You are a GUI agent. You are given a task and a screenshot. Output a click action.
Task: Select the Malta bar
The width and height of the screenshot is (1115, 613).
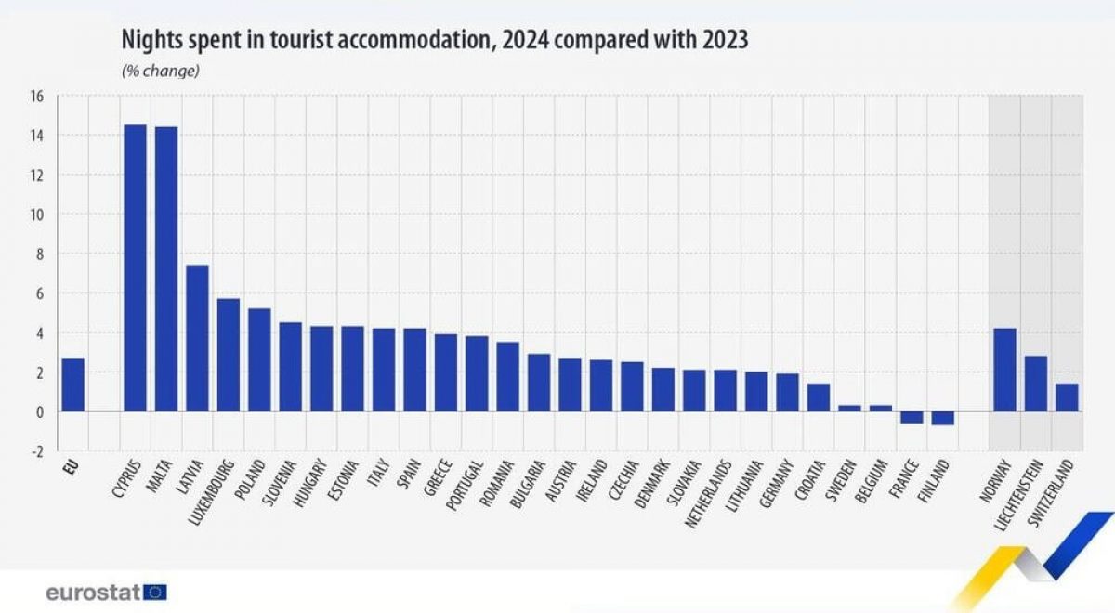click(166, 268)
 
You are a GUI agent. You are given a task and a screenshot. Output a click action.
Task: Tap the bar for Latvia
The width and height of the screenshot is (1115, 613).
click(197, 338)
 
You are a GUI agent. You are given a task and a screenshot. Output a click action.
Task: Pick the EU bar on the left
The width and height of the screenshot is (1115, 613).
click(72, 385)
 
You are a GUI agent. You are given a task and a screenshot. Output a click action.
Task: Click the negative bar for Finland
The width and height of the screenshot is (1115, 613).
click(942, 418)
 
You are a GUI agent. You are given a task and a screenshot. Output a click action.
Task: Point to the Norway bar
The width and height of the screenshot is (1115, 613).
click(1004, 370)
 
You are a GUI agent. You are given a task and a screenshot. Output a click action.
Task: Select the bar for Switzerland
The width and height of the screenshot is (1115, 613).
click(1067, 398)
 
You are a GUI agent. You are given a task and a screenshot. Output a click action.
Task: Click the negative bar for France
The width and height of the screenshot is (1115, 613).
click(912, 417)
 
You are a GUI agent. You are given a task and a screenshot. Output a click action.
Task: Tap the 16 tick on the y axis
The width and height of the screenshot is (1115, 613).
click(37, 96)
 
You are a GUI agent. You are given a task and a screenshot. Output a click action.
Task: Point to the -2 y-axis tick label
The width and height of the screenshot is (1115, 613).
click(37, 450)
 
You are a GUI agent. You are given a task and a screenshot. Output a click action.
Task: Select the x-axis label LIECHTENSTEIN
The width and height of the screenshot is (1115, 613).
click(1018, 492)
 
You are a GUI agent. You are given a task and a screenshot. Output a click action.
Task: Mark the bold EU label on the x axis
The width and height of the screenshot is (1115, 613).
click(68, 468)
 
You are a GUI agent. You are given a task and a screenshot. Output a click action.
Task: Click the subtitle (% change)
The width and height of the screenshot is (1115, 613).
click(160, 71)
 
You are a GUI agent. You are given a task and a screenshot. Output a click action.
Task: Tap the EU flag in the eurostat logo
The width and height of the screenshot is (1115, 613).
click(156, 592)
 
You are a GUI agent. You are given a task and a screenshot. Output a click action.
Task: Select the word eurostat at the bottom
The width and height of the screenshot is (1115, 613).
click(93, 592)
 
